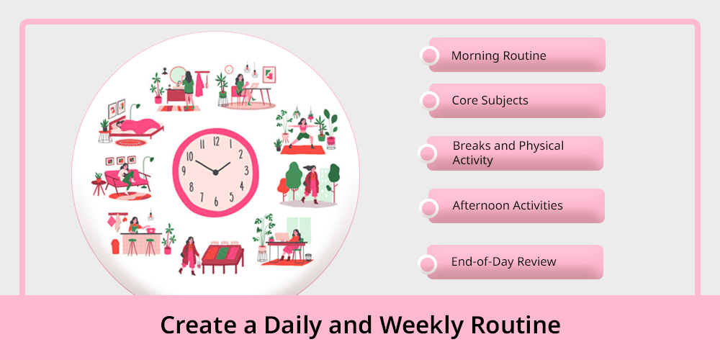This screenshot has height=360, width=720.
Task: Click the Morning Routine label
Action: click(x=499, y=55)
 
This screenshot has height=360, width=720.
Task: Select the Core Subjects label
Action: click(x=490, y=101)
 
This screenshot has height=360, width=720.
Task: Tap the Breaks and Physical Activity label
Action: click(x=508, y=153)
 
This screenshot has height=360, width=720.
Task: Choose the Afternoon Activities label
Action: click(x=508, y=205)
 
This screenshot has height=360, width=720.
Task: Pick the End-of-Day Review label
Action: click(x=504, y=262)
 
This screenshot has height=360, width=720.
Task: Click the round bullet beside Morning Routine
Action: click(x=429, y=55)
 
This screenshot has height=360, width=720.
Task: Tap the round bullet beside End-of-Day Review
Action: click(x=428, y=264)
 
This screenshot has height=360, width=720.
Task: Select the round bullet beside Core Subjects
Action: click(x=429, y=101)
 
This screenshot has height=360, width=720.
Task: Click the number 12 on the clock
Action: click(x=216, y=141)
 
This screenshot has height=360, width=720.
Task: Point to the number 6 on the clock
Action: click(x=216, y=202)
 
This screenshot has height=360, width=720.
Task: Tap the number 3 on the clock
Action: click(x=246, y=171)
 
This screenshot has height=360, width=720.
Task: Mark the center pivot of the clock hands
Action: click(x=215, y=172)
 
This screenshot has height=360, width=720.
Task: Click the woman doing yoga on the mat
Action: click(x=302, y=133)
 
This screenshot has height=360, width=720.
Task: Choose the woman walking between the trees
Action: click(x=311, y=184)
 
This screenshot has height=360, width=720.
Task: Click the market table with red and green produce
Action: click(x=222, y=257)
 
